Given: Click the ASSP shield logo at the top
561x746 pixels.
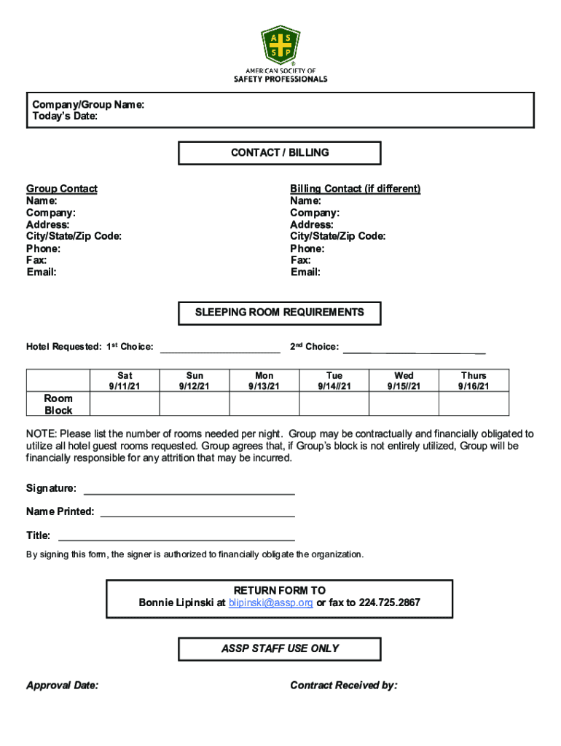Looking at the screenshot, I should coord(280,45).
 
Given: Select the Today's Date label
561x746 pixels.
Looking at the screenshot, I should coord(65,117).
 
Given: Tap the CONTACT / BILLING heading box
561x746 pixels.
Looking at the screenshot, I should coord(280,153).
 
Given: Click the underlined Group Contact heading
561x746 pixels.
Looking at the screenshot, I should coord(62,189).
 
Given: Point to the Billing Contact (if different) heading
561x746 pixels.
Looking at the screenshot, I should coord(355,189).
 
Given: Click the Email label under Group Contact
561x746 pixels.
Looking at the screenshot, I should coord(42,272).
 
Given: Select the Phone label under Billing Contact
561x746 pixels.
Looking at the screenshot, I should coord(307,248).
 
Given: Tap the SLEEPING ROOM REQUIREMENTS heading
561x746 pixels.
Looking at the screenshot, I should coord(280,313).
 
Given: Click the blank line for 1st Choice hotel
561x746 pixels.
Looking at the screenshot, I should coord(220,348).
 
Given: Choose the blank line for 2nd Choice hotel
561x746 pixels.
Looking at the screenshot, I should coord(414,348).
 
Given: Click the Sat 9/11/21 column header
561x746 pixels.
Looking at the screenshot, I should coord(125,381).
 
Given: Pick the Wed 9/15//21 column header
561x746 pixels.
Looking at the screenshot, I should coord(404,381).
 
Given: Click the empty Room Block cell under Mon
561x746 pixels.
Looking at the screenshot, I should coord(264,404).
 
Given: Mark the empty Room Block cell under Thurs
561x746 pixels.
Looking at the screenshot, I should coord(474,404).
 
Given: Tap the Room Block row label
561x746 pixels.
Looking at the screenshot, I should coord(58,404).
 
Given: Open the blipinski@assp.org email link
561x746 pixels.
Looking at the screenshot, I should coord(270,603).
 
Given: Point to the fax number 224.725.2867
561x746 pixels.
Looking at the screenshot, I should coord(389,603).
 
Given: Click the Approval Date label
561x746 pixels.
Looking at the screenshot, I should coord(63,686).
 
